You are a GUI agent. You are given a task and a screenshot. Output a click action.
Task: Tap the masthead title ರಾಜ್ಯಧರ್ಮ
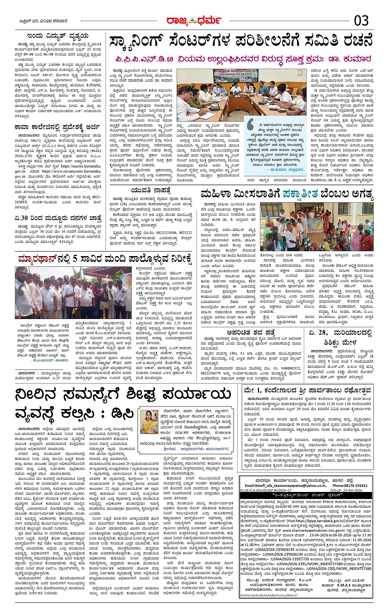tap(193, 20)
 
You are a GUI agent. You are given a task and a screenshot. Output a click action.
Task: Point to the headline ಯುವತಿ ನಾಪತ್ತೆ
tap(151, 190)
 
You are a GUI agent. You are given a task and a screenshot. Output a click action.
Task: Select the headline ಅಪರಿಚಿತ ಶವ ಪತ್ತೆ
tap(251, 332)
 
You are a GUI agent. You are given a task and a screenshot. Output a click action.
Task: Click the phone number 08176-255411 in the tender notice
tap(350, 485)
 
